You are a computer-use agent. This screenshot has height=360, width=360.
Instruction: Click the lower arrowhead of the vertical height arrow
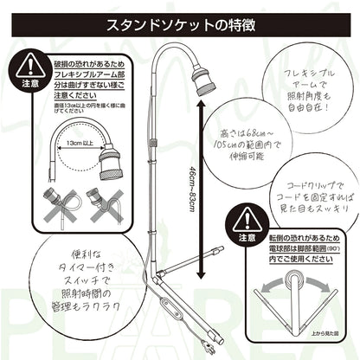point(200,275)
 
